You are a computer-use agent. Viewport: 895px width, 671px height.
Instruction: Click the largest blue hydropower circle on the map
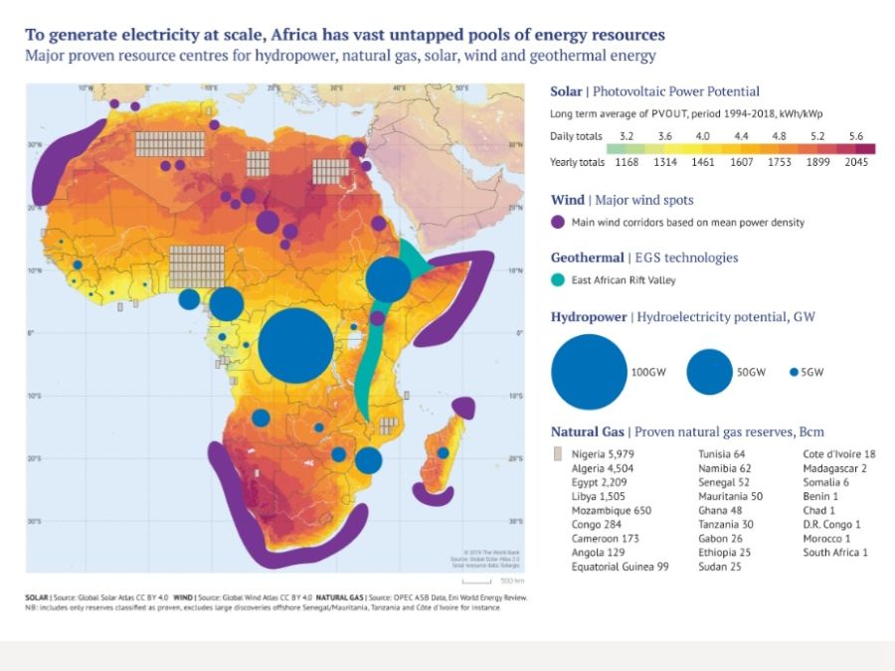pos(295,346)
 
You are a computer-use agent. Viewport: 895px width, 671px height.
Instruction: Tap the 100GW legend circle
pos(589,372)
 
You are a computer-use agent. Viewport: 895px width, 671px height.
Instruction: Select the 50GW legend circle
pos(709,372)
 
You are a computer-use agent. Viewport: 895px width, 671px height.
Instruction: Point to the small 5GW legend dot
pos(794,372)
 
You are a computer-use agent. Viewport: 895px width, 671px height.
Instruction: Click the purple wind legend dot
pos(558,222)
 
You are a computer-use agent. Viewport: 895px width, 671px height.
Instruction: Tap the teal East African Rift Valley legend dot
pos(558,279)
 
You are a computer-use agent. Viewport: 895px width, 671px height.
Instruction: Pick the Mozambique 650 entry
pos(611,510)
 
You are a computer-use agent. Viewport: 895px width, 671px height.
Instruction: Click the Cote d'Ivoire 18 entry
pos(839,454)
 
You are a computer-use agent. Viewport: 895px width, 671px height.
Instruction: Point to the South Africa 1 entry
pos(835,552)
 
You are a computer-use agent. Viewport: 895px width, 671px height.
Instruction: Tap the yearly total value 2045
pos(856,162)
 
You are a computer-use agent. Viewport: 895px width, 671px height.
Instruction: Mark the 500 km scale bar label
pos(512,580)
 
